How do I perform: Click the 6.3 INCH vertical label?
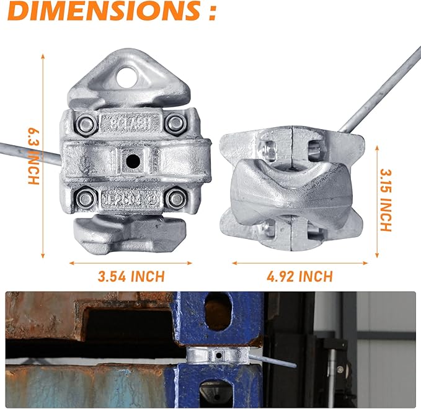click(33, 155)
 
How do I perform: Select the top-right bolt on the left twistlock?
click(175, 124)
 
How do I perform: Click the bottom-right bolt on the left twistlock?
click(176, 199)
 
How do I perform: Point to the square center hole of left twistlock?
click(132, 161)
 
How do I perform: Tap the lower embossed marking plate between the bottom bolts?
click(131, 200)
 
